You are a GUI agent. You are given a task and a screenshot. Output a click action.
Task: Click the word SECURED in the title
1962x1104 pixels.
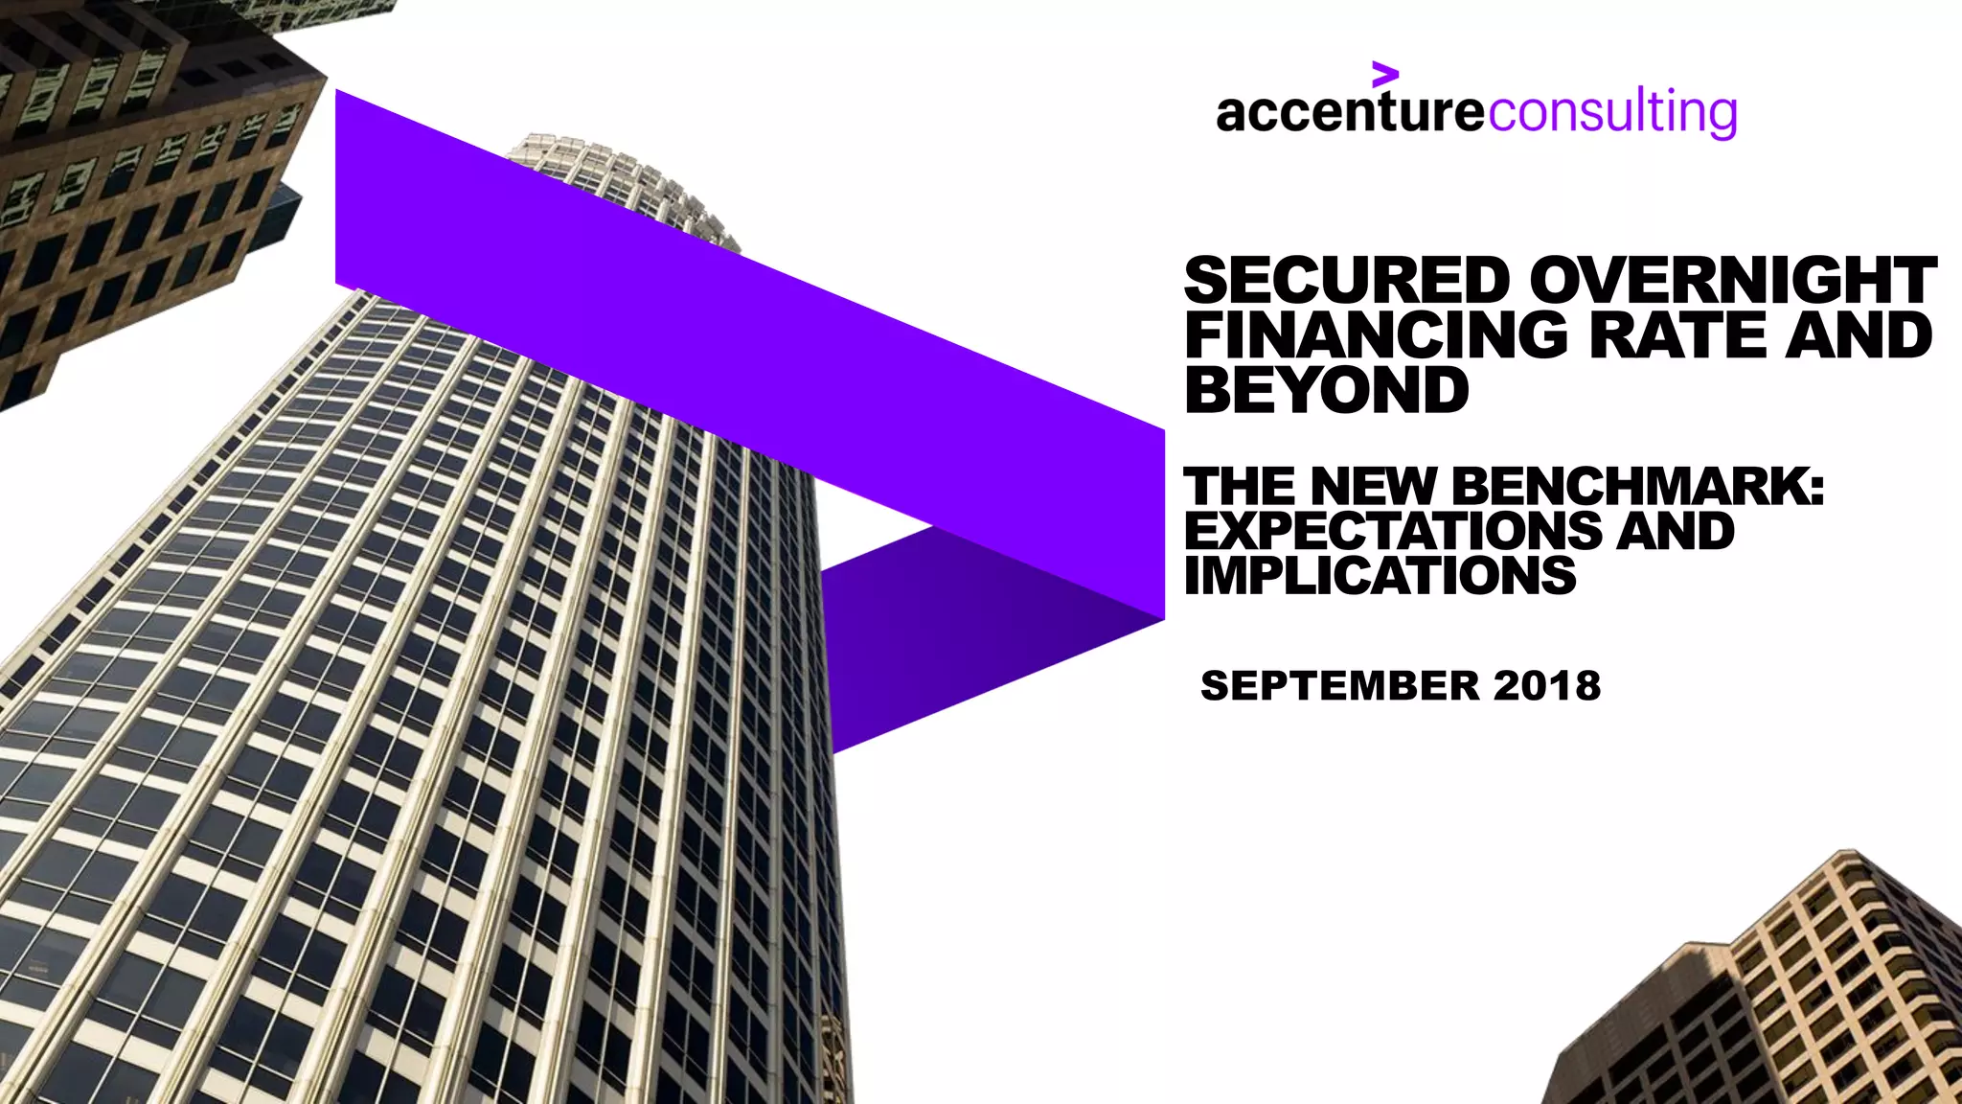pyautogui.click(x=1347, y=281)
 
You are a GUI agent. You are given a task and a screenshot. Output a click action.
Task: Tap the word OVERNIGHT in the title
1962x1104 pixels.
pyautogui.click(x=1732, y=281)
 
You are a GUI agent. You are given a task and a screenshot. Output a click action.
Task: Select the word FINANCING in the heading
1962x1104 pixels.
pyautogui.click(x=1376, y=335)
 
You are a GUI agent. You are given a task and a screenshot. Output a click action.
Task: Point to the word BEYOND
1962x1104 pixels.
pyautogui.click(x=1326, y=390)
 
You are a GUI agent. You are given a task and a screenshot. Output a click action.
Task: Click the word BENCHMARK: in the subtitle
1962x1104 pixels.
pyautogui.click(x=1638, y=486)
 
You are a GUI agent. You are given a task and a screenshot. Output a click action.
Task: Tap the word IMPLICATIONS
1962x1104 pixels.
pyautogui.click(x=1380, y=576)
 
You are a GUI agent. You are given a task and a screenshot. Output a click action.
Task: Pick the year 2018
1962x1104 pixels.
pyautogui.click(x=1546, y=686)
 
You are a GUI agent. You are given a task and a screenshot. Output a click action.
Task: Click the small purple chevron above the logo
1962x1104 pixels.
pyautogui.click(x=1384, y=74)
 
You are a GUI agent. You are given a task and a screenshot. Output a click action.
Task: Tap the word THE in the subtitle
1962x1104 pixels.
pyautogui.click(x=1241, y=486)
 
